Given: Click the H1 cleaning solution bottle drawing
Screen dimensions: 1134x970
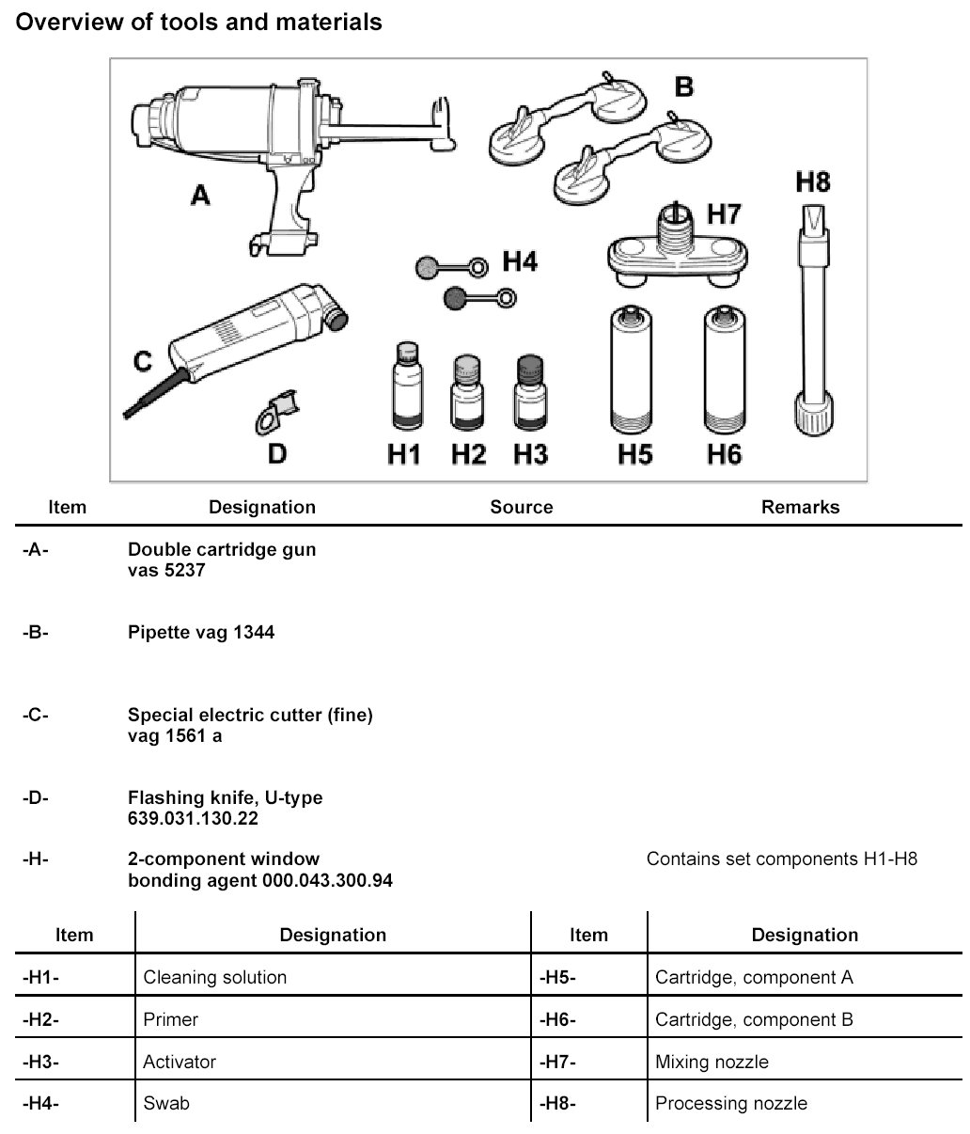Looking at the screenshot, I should coord(405,388).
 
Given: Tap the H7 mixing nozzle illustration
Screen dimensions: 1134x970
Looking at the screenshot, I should coord(675,251).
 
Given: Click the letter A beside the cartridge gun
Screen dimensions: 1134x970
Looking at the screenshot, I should coord(200,196).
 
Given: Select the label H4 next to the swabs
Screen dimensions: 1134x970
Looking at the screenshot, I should coord(519,261).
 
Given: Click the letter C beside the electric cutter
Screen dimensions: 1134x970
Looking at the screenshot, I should coord(143,361).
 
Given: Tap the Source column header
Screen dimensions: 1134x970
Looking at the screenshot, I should coord(521,507).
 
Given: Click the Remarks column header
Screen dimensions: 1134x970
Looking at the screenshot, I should coord(800,507).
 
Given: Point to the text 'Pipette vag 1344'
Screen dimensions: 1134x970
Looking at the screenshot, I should coord(201,632).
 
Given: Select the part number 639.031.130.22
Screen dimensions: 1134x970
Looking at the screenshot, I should coord(193,818).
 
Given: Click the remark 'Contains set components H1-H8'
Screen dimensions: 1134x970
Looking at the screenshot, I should coord(781,858).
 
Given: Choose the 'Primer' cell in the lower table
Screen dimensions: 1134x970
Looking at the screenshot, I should coord(171,1019).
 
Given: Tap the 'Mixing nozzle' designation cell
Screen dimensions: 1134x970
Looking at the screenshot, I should coord(712,1062).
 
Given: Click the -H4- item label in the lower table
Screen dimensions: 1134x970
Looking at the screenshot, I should coord(40,1103).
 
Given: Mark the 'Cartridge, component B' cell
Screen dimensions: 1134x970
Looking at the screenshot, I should coord(754,1019).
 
